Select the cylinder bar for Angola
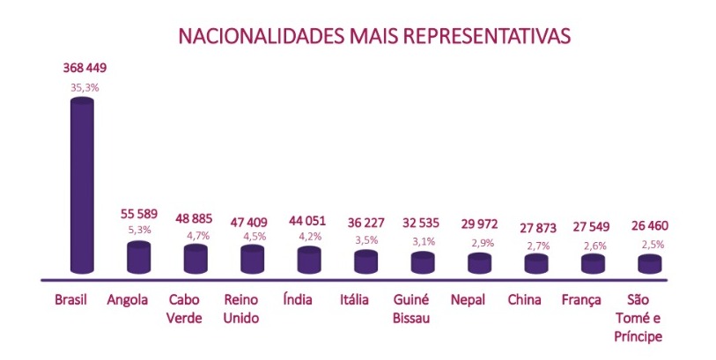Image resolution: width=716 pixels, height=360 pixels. click(x=139, y=256)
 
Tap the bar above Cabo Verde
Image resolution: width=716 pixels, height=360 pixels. click(x=196, y=259)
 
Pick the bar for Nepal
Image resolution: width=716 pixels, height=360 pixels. click(x=480, y=262)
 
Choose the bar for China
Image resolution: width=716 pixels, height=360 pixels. click(x=536, y=263)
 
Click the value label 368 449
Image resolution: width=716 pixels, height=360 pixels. click(x=85, y=68)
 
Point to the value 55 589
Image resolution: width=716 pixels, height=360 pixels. click(x=142, y=214)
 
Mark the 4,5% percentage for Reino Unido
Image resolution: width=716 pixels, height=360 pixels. click(x=255, y=235)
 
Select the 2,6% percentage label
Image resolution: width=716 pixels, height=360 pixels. click(x=594, y=246)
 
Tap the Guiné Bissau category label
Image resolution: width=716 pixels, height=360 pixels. click(x=412, y=309)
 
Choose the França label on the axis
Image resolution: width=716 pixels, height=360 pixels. click(x=583, y=301)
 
